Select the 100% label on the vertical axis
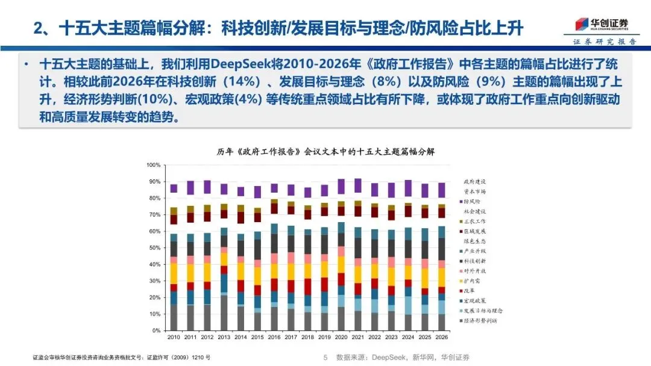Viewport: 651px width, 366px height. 152,165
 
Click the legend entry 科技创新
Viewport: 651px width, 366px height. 474,261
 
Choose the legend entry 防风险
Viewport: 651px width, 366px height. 473,201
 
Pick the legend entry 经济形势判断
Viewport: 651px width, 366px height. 480,320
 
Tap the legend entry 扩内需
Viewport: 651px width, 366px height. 473,281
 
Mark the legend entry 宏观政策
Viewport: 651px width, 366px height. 474,300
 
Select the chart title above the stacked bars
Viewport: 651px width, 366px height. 325,152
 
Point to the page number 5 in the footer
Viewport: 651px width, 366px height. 324,357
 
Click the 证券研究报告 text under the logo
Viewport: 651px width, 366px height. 604,42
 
